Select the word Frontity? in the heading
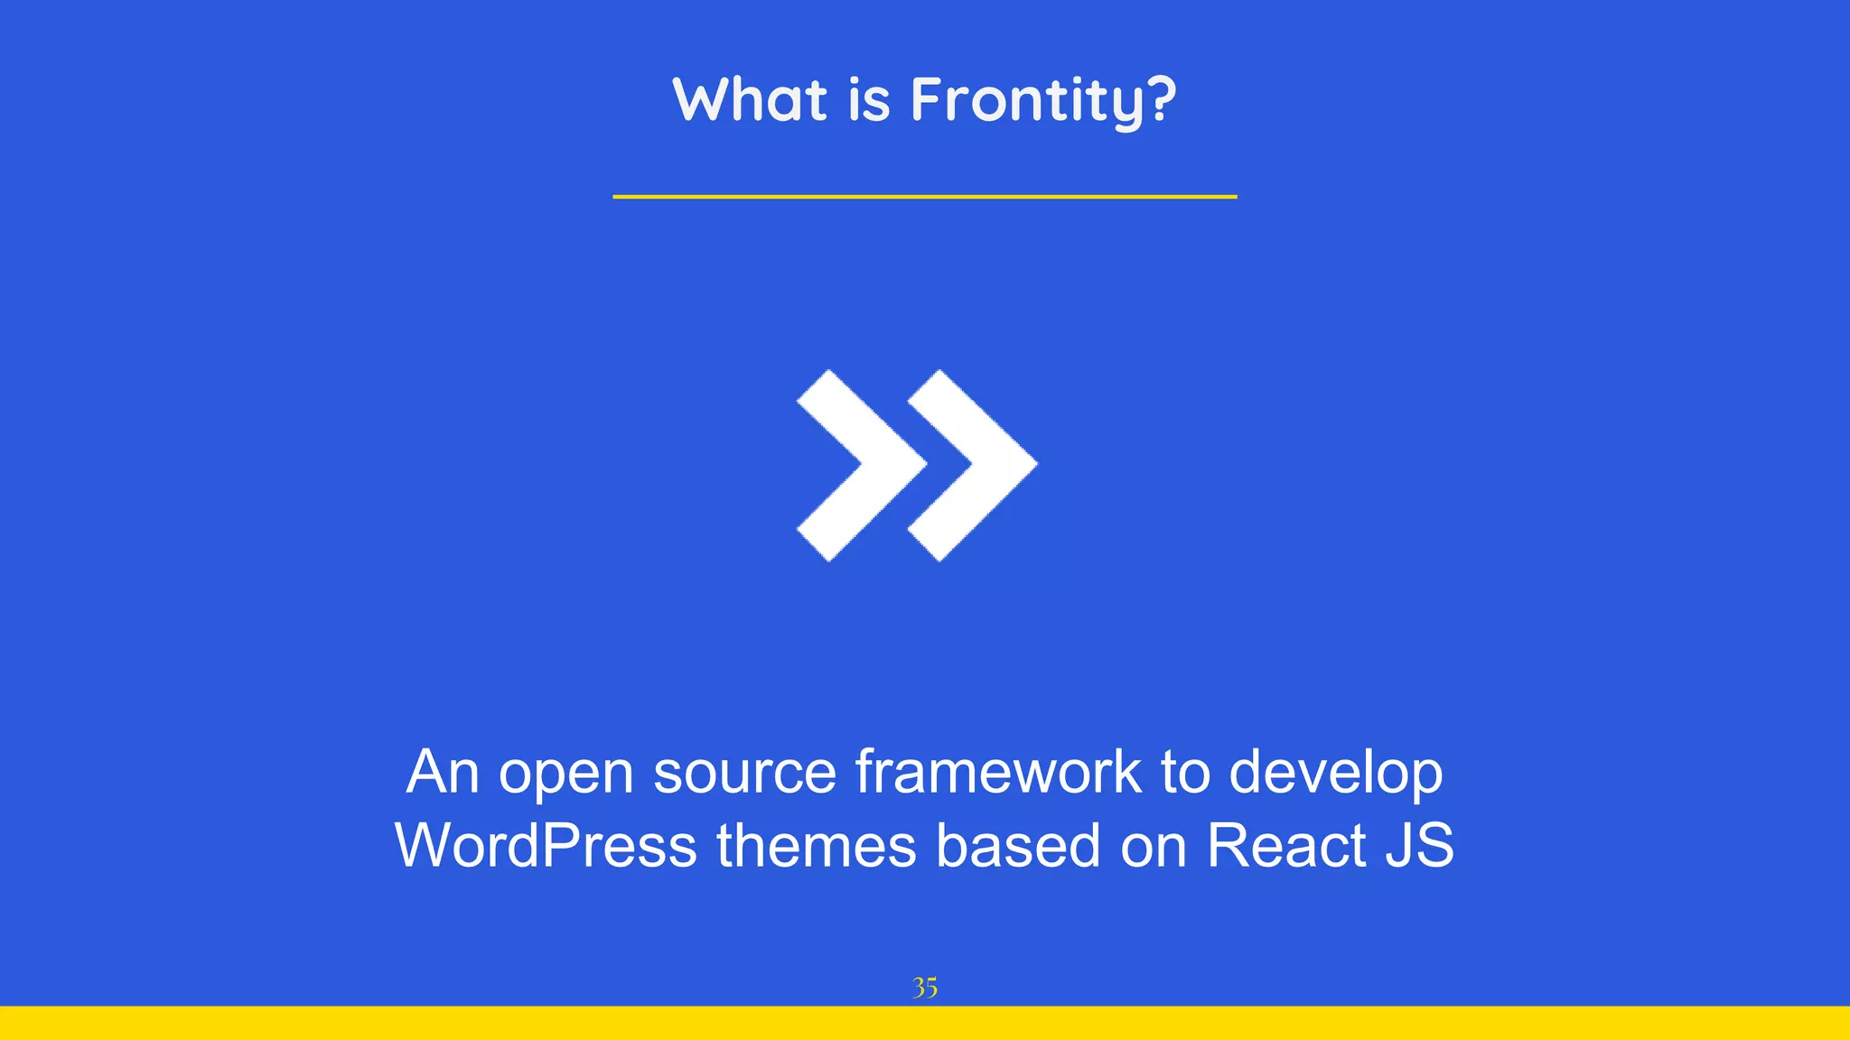[x=1043, y=101]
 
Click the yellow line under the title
[x=924, y=196]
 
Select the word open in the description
[x=566, y=775]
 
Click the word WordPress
[x=546, y=846]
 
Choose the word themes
[x=816, y=846]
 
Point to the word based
[x=1018, y=846]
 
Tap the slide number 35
[x=925, y=988]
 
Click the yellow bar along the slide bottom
[x=925, y=1023]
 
